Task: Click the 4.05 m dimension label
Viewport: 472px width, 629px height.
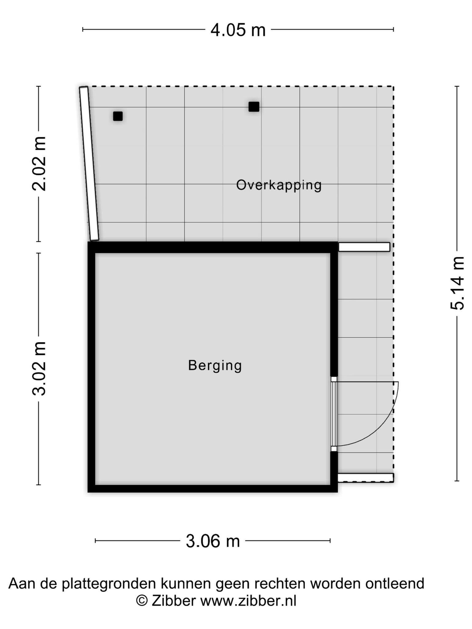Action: coord(238,30)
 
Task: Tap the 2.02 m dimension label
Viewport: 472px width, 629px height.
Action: coord(39,164)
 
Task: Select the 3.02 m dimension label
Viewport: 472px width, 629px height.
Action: coord(39,368)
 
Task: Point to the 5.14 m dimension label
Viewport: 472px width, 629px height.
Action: coord(457,283)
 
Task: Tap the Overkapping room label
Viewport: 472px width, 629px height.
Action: coord(279,185)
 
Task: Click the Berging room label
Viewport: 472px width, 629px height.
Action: coord(215,365)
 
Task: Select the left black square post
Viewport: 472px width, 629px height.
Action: coord(118,116)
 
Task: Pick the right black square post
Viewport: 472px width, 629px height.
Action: coord(254,107)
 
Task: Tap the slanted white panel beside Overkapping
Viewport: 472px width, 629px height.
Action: coord(89,163)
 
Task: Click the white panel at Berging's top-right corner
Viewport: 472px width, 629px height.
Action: coord(364,247)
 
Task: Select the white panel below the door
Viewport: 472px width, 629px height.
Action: coord(366,478)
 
